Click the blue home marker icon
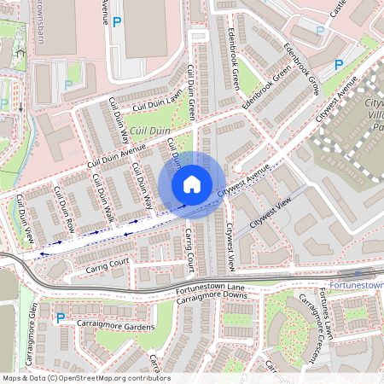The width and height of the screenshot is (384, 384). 192,183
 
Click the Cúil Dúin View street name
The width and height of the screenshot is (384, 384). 25,219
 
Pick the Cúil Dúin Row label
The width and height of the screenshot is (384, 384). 65,209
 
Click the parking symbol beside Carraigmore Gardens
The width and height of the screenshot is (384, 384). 60,318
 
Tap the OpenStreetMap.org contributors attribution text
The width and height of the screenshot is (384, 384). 110,377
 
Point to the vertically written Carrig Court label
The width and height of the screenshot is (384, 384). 190,248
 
